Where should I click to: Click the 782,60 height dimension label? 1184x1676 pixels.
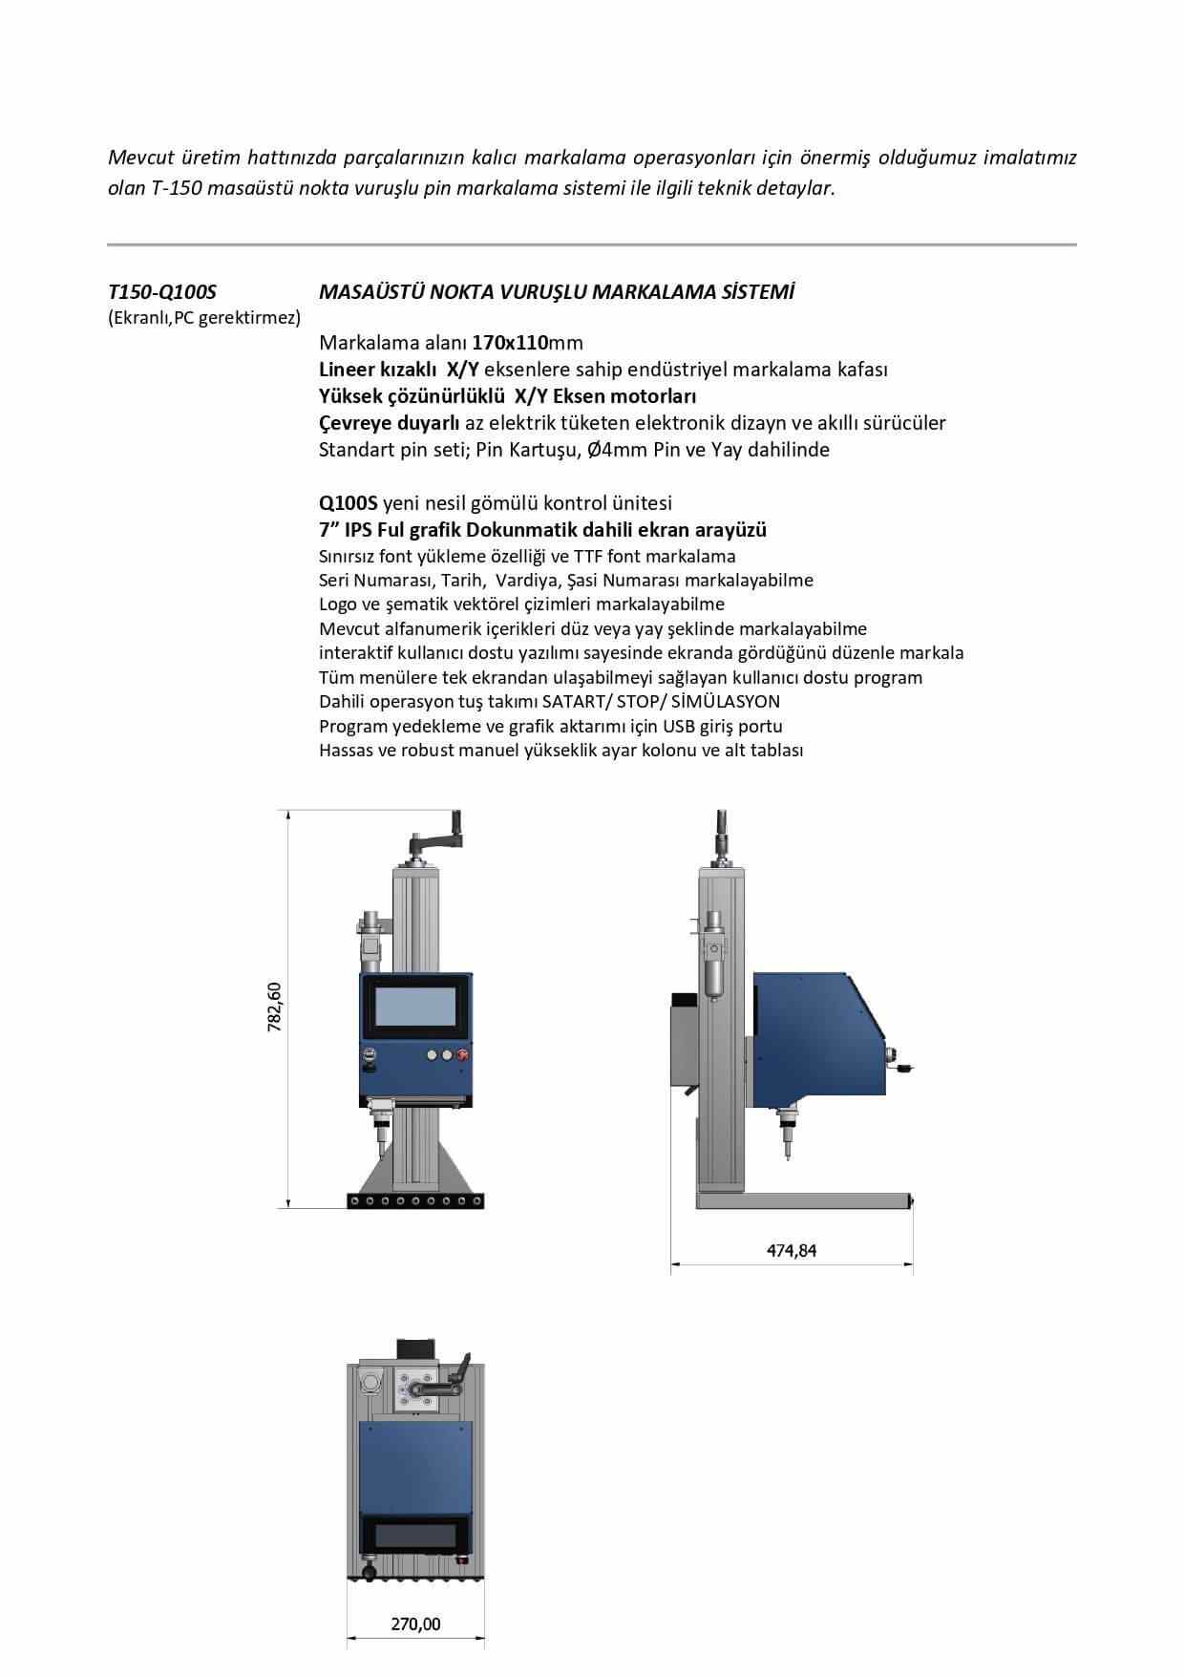tap(275, 1007)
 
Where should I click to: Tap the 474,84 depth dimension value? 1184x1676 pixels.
tap(792, 1250)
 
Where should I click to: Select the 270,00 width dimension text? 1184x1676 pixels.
tap(415, 1623)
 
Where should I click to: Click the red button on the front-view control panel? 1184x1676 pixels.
tap(463, 1055)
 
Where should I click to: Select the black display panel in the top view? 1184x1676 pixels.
tap(415, 1538)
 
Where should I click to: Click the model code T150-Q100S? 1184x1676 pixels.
tap(162, 292)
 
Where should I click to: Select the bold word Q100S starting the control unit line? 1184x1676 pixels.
tap(349, 502)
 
